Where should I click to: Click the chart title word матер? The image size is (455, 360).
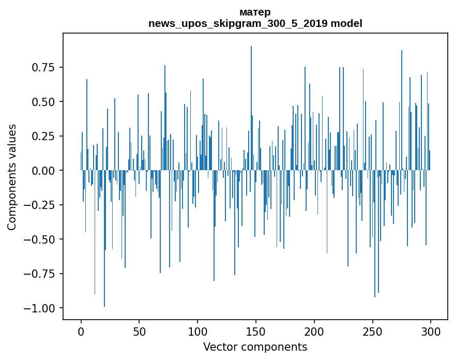pyautogui.click(x=255, y=12)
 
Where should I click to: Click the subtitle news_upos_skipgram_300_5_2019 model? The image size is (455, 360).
pyautogui.click(x=255, y=23)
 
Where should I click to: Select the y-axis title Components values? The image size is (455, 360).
pyautogui.click(x=12, y=177)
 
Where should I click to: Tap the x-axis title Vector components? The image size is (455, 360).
pyautogui.click(x=255, y=347)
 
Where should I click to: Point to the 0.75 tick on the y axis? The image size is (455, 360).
pyautogui.click(x=44, y=67)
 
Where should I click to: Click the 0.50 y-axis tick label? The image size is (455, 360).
pyautogui.click(x=44, y=102)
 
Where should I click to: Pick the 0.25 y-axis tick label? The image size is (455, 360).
pyautogui.click(x=44, y=136)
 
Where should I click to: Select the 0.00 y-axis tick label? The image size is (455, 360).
pyautogui.click(x=44, y=171)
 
